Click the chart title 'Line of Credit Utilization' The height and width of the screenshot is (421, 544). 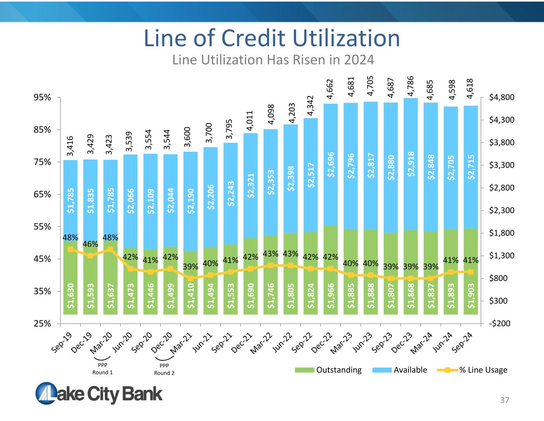coord(272,38)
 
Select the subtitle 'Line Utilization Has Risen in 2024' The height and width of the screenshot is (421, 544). coord(273,60)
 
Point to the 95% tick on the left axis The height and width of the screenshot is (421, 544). coord(42,98)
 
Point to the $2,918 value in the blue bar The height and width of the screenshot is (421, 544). coord(411,164)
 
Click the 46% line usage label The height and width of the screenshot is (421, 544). coord(90,244)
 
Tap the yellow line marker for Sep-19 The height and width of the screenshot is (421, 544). coord(71,249)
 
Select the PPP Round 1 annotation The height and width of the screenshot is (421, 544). coord(103,369)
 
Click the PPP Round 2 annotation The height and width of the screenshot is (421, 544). coord(164,369)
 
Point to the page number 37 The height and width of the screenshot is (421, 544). coord(505,400)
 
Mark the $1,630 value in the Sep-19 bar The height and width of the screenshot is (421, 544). coord(71,296)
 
